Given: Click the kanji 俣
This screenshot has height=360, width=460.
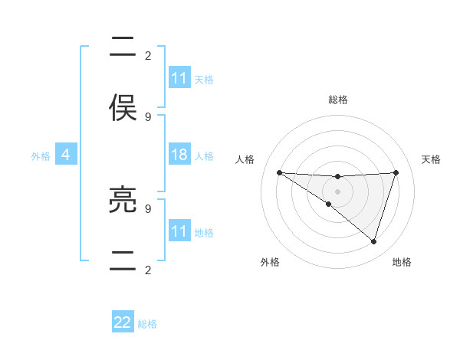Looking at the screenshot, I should coord(123,108).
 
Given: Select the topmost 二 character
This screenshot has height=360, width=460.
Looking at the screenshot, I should coord(123,47).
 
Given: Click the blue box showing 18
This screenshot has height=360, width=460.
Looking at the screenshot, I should coord(179,154).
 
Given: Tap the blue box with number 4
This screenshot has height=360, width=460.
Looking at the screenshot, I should coord(66,155).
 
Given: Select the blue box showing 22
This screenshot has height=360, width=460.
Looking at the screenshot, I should coord(123,322).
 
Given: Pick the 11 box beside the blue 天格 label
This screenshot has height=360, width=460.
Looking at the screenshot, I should coord(179,78).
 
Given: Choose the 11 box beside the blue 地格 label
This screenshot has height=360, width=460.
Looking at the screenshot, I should coord(179,231).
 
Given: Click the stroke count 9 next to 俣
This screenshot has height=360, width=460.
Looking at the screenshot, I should coord(148,116).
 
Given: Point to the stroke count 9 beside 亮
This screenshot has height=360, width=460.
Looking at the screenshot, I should coord(148,208).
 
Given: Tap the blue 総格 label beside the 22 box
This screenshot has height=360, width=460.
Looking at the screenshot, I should coord(148,324).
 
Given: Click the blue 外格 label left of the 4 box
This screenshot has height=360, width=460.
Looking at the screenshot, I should coord(41,155).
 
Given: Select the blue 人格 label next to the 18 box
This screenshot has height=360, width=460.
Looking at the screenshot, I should coord(204,155).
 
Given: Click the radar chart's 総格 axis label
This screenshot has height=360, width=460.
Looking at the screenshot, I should coord(337,100).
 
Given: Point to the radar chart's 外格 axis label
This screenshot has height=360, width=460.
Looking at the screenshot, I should coord(270,262).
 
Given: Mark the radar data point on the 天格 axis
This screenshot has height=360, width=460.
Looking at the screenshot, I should coord(396,172).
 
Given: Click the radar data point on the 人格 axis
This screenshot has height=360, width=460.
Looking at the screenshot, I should coord(279,172).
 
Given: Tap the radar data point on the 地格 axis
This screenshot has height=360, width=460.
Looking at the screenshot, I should coord(373,241).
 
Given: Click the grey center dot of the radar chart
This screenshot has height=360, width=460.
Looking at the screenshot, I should coord(337,191).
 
